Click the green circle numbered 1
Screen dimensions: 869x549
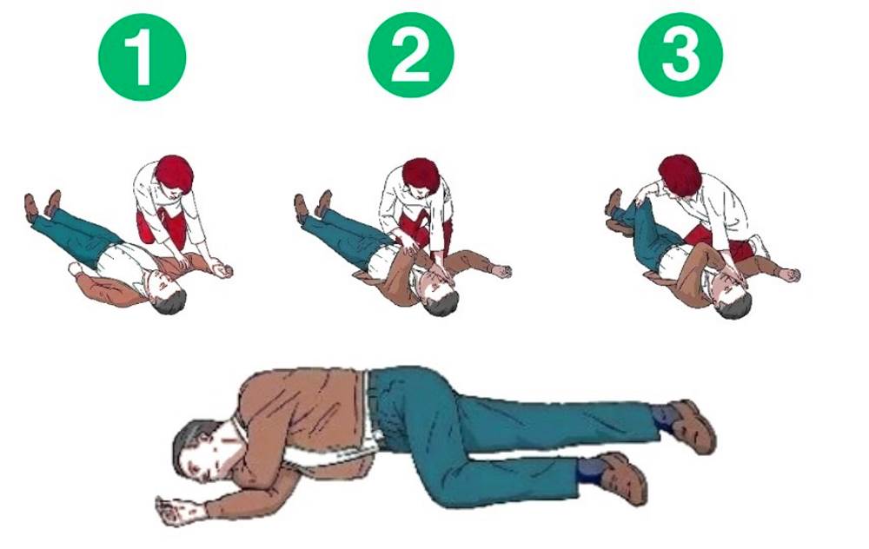click(142, 56)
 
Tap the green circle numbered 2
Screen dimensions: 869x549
click(411, 55)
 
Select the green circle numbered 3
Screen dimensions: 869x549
click(680, 55)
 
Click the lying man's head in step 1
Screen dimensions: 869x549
click(169, 295)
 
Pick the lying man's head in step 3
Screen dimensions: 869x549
click(732, 299)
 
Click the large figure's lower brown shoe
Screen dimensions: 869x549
click(625, 478)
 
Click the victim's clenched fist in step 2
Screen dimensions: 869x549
click(502, 271)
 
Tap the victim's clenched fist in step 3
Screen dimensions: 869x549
click(790, 274)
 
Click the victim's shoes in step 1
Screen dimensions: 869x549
click(42, 204)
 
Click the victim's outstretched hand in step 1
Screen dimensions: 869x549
click(222, 270)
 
